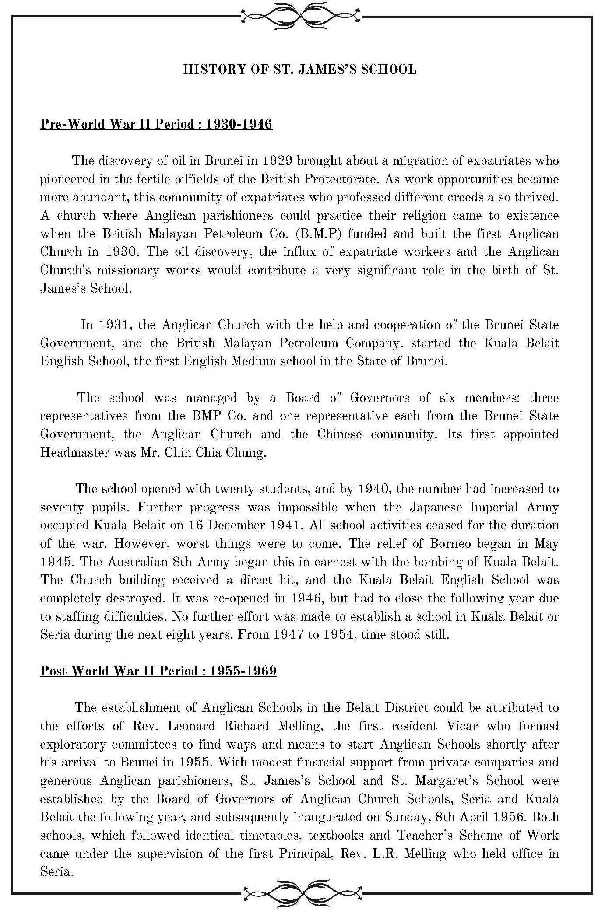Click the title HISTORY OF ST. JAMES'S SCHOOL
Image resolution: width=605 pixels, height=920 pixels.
[x=300, y=70]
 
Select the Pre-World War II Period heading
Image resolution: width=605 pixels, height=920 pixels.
[x=156, y=124]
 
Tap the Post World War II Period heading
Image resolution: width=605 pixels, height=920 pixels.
[x=158, y=671]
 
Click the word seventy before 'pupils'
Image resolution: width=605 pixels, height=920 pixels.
[x=62, y=507]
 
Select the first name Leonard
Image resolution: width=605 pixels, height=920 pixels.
[x=192, y=726]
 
